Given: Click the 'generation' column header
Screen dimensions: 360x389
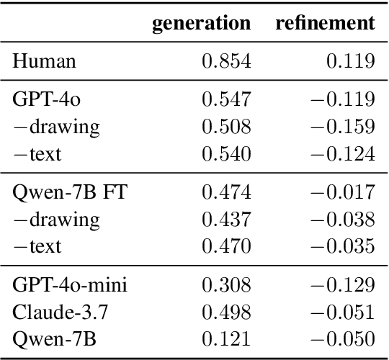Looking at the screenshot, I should (201, 24).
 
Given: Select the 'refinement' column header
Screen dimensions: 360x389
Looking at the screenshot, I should (325, 24).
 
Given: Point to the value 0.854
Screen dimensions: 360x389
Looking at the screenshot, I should (226, 61).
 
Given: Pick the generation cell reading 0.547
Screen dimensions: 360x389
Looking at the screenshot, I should (226, 100).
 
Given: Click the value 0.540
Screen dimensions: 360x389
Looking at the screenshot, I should (226, 153).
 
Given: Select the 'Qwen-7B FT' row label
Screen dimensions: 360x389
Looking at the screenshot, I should (63, 192).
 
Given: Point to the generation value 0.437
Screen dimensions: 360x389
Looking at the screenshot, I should (226, 219).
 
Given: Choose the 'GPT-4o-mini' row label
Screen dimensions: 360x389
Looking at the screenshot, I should (69, 285).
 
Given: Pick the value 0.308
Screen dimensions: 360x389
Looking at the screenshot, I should (226, 285).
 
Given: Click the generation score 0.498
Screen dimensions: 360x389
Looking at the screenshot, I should (226, 311).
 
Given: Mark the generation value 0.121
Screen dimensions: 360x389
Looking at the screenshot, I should (226, 338).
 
